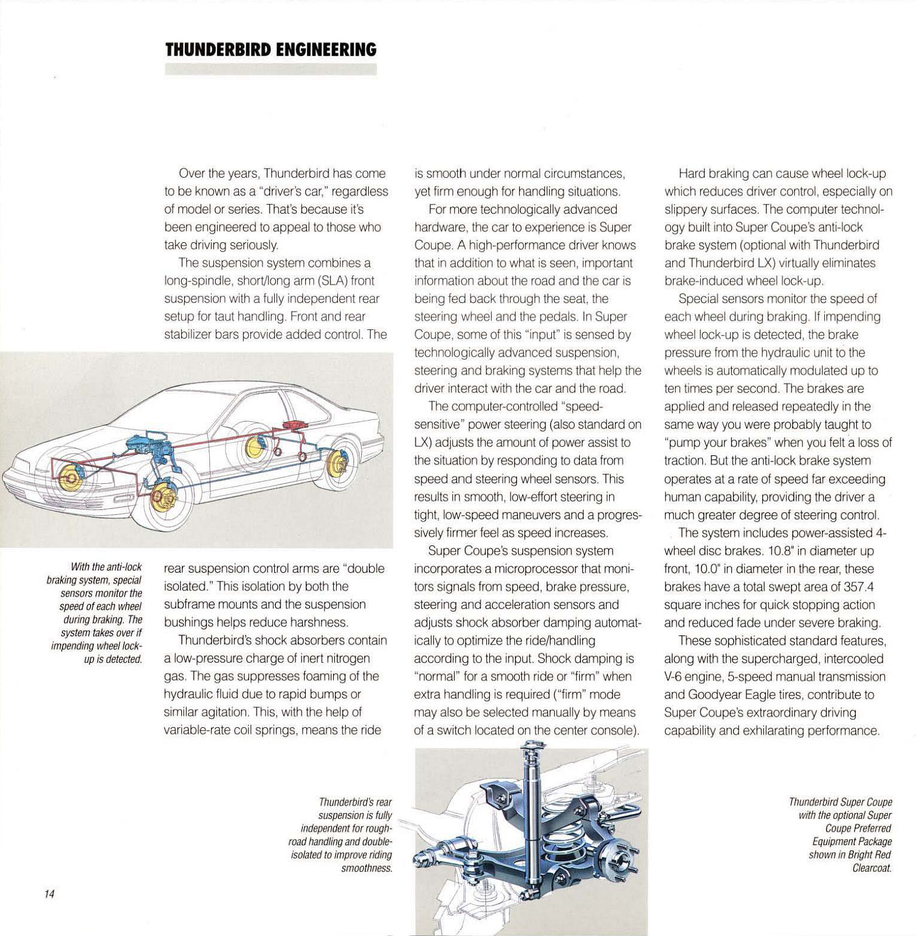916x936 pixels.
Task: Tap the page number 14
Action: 49,894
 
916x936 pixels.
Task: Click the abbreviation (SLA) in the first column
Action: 332,281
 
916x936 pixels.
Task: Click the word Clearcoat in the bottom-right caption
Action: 872,868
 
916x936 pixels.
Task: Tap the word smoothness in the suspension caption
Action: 367,868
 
